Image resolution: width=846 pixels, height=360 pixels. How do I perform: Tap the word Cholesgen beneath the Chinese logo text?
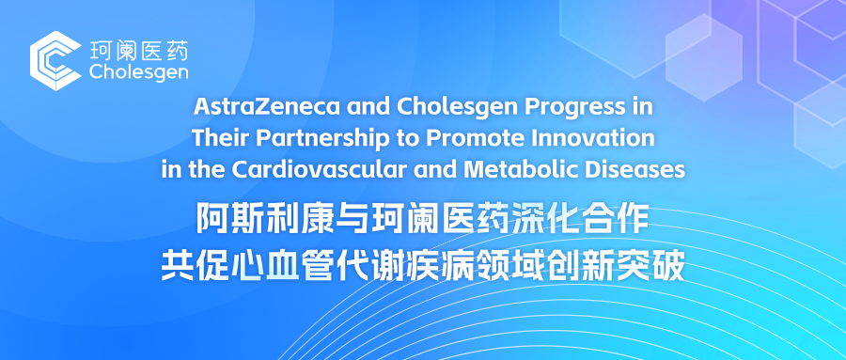tap(139, 72)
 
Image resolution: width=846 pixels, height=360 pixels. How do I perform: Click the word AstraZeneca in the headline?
tap(267, 107)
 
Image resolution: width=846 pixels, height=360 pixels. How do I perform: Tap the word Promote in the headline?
tap(477, 138)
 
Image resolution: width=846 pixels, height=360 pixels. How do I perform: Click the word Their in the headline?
tap(220, 138)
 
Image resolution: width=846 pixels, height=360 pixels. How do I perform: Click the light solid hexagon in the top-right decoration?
tap(703, 57)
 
